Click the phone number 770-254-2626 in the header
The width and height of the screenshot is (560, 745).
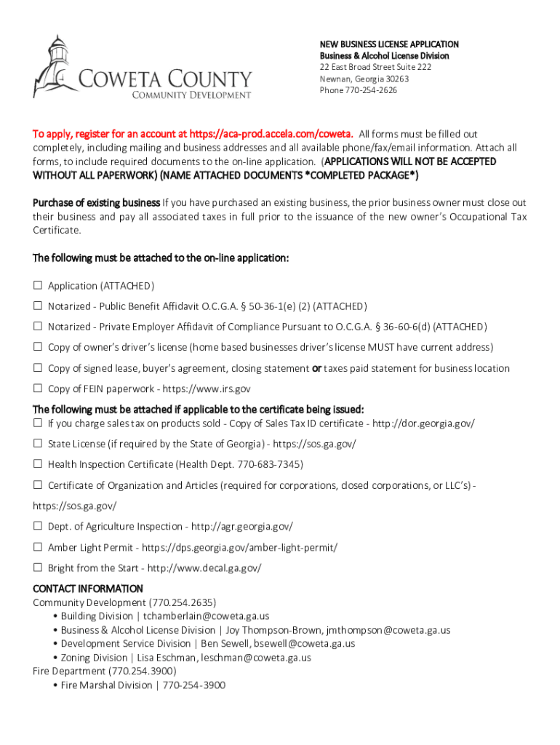(372, 90)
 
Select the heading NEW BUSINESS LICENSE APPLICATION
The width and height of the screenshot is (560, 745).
(389, 44)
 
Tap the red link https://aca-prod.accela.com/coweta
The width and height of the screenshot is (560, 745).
(271, 134)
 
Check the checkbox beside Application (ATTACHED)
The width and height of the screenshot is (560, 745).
(38, 286)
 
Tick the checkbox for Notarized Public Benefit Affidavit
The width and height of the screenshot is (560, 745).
(38, 306)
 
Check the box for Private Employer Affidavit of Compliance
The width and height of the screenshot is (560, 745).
(38, 327)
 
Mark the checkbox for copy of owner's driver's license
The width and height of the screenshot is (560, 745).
(38, 347)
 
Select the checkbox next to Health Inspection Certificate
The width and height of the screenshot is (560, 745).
(38, 464)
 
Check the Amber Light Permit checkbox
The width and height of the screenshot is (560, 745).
(38, 547)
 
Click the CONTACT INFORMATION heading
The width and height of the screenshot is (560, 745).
(88, 588)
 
